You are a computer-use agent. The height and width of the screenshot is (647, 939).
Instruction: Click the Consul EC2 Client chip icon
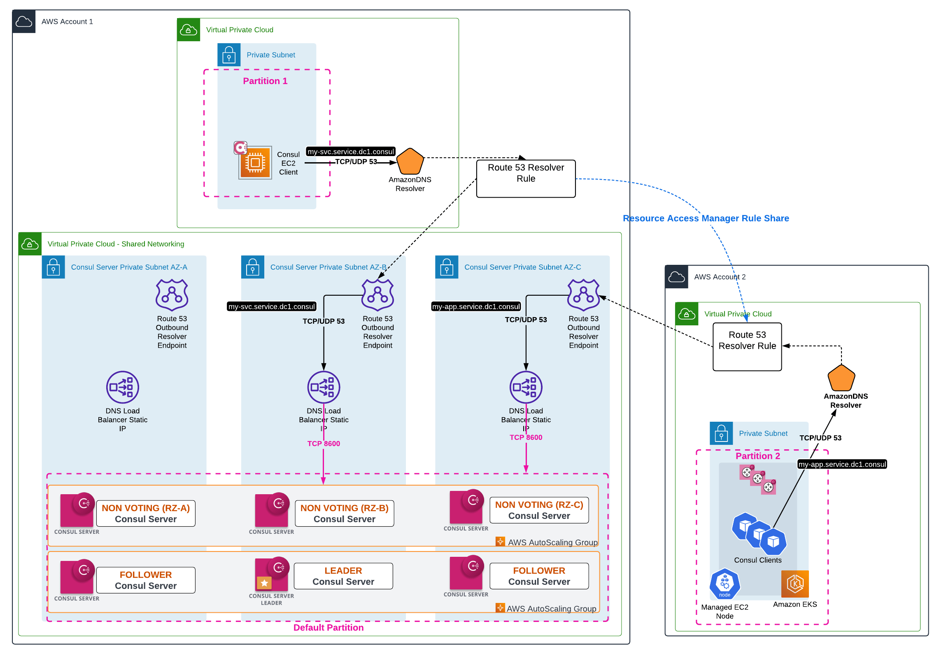(255, 163)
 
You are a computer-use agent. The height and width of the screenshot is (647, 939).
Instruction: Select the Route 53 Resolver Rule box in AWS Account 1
(525, 178)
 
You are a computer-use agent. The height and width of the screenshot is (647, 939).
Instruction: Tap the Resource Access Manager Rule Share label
(706, 218)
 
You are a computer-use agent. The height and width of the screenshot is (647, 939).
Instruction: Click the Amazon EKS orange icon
(795, 584)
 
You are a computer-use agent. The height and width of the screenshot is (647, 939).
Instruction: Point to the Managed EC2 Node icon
(725, 584)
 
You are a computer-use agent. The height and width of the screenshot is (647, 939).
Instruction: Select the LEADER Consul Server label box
(343, 576)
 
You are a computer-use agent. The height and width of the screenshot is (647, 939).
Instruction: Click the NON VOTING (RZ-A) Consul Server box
(145, 513)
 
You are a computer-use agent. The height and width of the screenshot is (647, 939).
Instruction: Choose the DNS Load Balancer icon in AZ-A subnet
(122, 387)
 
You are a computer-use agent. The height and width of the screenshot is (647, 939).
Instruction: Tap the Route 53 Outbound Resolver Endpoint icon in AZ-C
(583, 295)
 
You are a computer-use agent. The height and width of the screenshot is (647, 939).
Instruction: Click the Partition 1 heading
(265, 81)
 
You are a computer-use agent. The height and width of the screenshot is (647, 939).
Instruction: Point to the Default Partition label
(328, 627)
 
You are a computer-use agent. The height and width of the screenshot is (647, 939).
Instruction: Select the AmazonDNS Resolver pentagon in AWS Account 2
(841, 378)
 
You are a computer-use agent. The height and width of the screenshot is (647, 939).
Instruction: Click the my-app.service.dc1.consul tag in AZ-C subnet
(476, 306)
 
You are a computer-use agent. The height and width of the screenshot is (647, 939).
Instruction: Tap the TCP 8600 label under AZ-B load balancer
(324, 444)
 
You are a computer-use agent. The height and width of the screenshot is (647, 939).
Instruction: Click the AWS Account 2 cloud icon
(676, 277)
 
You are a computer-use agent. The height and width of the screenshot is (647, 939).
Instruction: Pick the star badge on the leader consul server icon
(264, 583)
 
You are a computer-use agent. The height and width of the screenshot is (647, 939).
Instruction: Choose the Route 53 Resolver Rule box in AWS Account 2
(747, 346)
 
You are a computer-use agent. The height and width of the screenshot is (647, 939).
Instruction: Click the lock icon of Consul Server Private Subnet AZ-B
(252, 267)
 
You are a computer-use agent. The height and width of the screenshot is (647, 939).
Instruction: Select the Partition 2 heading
(757, 456)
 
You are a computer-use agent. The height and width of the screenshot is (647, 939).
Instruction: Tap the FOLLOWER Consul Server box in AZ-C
(538, 576)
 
